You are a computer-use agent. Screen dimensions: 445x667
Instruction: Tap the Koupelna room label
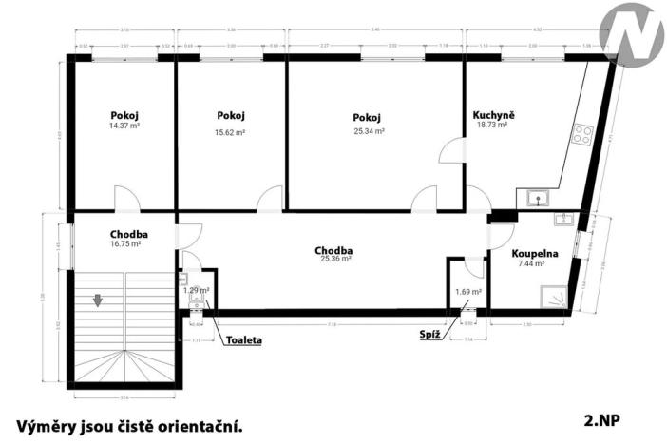pyautogui.click(x=533, y=254)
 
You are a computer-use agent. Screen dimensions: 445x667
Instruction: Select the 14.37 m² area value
pyautogui.click(x=124, y=126)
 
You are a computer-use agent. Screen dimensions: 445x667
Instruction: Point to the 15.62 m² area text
pyautogui.click(x=231, y=132)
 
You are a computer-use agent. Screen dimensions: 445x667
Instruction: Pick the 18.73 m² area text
pyautogui.click(x=492, y=125)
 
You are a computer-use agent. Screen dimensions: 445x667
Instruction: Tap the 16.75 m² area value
pyautogui.click(x=125, y=243)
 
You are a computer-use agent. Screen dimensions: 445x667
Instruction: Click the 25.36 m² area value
pyautogui.click(x=334, y=259)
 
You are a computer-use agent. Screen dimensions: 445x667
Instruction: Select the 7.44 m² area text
pyautogui.click(x=530, y=264)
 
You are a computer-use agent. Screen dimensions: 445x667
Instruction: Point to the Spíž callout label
pyautogui.click(x=429, y=335)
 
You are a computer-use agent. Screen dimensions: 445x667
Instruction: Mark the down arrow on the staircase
pyautogui.click(x=98, y=301)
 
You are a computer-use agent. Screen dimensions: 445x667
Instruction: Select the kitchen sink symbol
pyautogui.click(x=540, y=199)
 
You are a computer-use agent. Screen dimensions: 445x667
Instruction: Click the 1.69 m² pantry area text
pyautogui.click(x=468, y=292)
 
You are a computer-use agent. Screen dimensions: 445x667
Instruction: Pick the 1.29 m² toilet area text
pyautogui.click(x=197, y=289)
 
